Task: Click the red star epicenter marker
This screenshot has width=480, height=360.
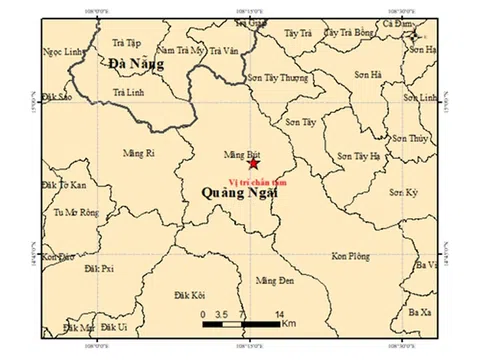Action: coord(254,163)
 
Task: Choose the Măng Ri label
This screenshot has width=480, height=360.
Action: coord(138,153)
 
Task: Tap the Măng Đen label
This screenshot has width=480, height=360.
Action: coord(273,281)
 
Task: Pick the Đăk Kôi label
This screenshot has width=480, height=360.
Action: coord(188,296)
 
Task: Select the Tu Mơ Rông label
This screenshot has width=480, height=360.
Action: coord(77,212)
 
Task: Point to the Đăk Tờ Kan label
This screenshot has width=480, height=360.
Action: coord(66,186)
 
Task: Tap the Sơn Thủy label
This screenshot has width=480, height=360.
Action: coord(409,138)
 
